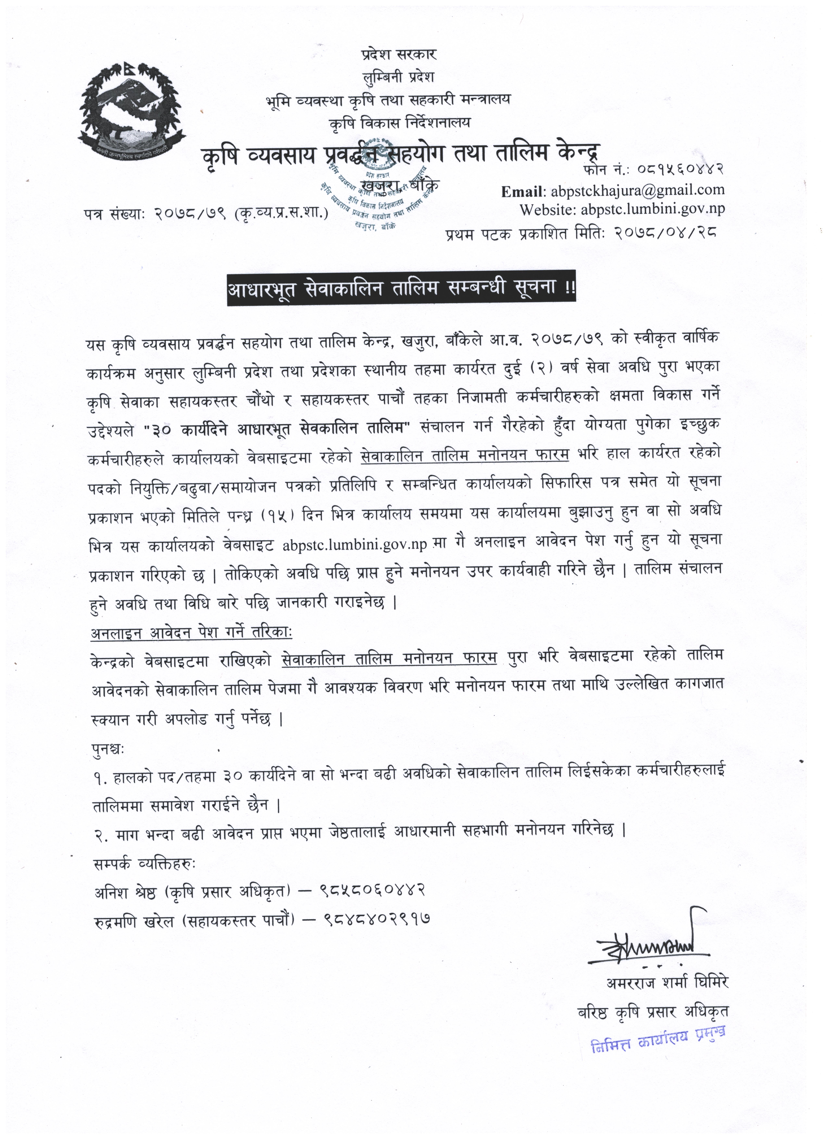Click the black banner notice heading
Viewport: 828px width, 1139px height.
click(x=402, y=290)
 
